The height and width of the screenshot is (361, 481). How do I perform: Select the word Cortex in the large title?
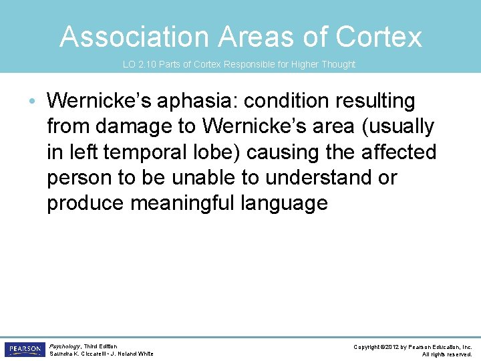pyautogui.click(x=379, y=37)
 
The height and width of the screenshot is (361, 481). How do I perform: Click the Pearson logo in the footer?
pyautogui.click(x=23, y=350)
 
